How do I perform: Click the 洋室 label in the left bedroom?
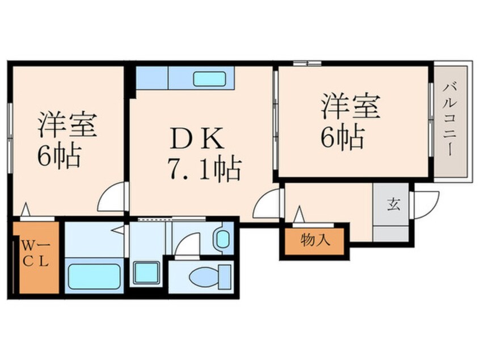click(x=67, y=125)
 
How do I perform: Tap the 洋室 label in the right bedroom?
click(x=350, y=106)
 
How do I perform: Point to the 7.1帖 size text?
click(x=204, y=169)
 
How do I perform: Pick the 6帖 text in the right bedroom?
click(x=342, y=137)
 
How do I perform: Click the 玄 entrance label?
click(x=391, y=204)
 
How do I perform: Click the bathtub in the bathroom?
click(x=94, y=277)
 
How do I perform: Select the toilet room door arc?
click(x=186, y=246)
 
